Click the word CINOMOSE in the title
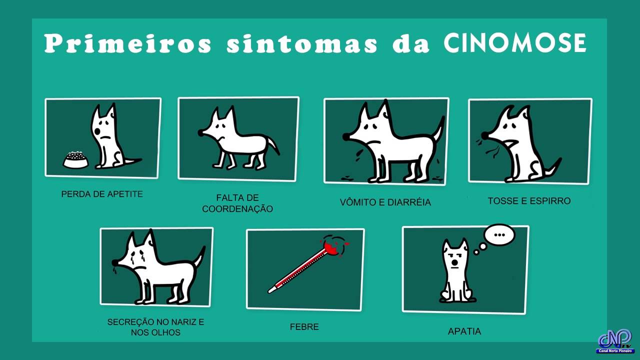tap(515, 43)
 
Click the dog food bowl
tap(75, 159)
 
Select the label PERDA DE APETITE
tap(102, 194)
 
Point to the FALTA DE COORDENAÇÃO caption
tap(237, 203)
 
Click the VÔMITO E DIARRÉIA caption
tap(385, 202)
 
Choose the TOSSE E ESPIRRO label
tap(529, 201)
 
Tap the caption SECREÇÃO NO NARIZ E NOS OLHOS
tap(155, 327)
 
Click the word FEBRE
tap(304, 327)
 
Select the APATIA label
tap(464, 331)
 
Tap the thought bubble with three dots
tap(499, 235)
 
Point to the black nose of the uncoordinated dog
tap(201, 132)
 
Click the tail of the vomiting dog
tap(439, 128)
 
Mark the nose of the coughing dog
tap(484, 135)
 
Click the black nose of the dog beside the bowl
tap(97, 132)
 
